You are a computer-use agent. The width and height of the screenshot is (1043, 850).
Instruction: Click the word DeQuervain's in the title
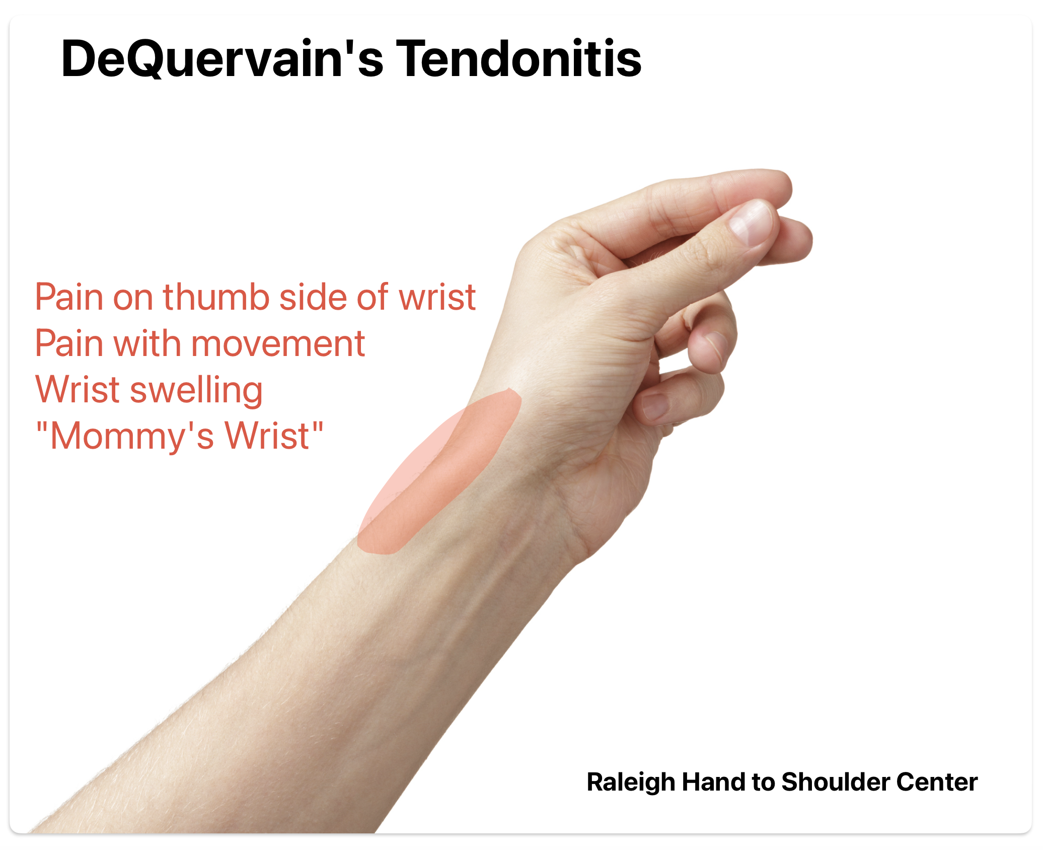point(222,58)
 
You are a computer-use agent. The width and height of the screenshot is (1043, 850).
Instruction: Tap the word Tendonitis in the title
point(518,58)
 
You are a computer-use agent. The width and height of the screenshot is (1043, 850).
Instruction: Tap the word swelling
point(196,391)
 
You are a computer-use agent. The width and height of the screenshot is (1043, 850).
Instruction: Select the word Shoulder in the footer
point(836,782)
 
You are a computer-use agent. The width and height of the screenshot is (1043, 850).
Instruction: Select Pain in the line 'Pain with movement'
point(69,344)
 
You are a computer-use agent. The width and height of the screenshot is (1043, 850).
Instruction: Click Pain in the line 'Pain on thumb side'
point(69,297)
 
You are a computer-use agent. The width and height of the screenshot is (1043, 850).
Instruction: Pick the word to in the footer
point(763,783)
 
